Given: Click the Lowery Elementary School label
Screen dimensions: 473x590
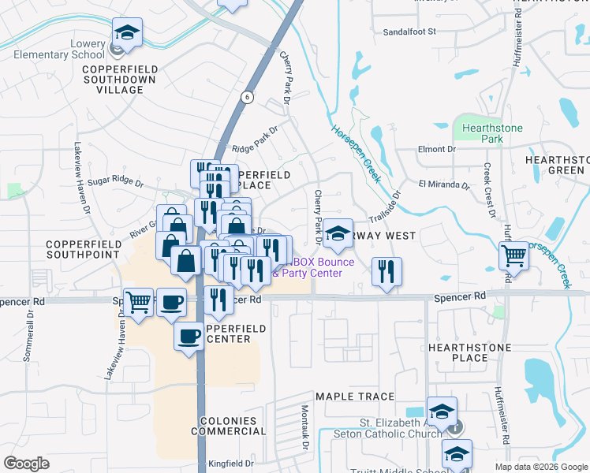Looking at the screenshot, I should pos(71,50).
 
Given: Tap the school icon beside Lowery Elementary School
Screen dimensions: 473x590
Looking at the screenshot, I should pos(127,34).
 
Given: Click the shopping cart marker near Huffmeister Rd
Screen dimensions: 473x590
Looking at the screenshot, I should pos(513,255).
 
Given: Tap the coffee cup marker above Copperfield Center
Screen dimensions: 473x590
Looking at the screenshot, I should pos(189,337).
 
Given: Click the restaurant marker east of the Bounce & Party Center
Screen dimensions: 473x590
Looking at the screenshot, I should pos(386,272).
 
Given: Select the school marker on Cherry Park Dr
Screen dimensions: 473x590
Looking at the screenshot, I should pos(338,234).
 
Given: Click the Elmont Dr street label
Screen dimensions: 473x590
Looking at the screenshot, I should pos(437,148).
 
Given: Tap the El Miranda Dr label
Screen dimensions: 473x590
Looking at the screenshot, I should pos(444,186).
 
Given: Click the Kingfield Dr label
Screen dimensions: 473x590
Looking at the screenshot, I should pos(230,464).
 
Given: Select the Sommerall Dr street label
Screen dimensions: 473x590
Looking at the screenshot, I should pos(29,336).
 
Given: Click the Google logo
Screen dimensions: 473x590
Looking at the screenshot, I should pos(26,463).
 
